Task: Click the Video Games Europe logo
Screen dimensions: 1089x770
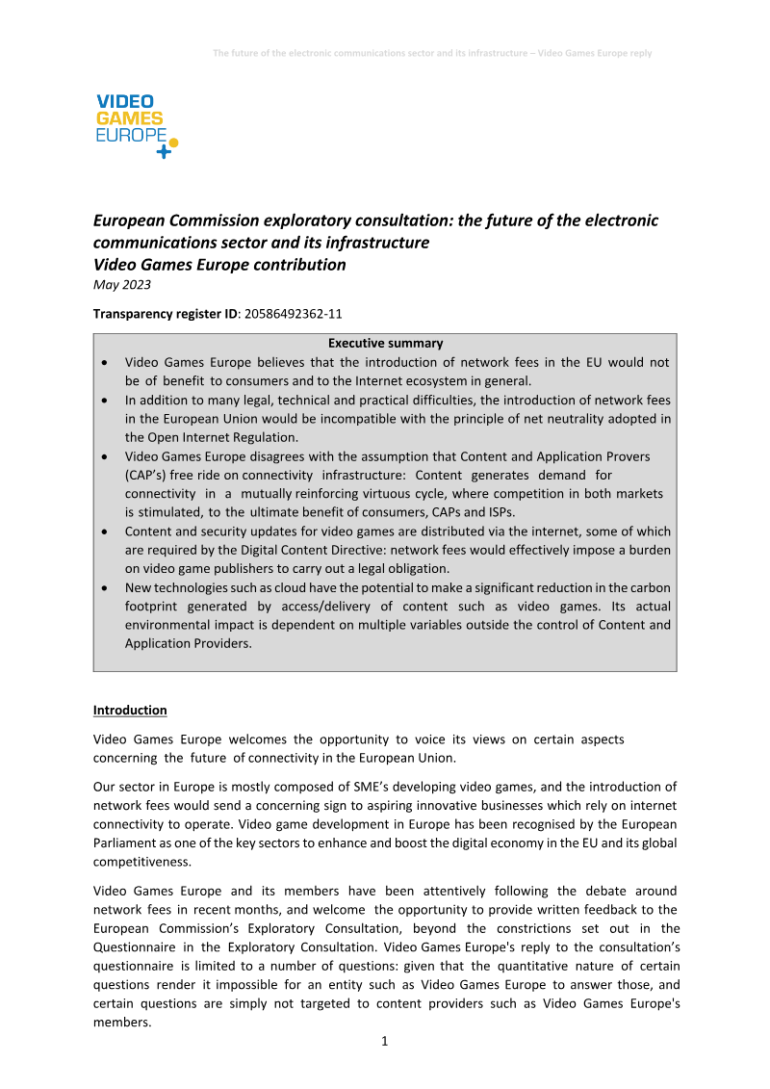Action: click(x=135, y=126)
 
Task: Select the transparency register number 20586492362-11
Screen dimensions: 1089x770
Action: click(x=295, y=313)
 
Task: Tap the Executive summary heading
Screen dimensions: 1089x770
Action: click(x=385, y=343)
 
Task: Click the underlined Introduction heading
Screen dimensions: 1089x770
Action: click(x=130, y=710)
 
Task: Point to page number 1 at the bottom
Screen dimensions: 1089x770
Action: click(x=385, y=1041)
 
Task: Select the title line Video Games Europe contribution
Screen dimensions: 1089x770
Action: click(x=219, y=264)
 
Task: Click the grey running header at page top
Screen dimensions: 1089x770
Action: click(x=432, y=53)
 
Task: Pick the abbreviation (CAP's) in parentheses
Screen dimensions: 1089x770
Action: click(x=148, y=475)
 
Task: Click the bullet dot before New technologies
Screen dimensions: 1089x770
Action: click(x=104, y=588)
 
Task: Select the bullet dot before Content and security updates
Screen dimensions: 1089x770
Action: click(x=104, y=532)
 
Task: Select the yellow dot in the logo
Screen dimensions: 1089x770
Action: click(x=173, y=142)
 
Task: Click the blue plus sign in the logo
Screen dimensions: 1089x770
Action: click(x=163, y=151)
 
